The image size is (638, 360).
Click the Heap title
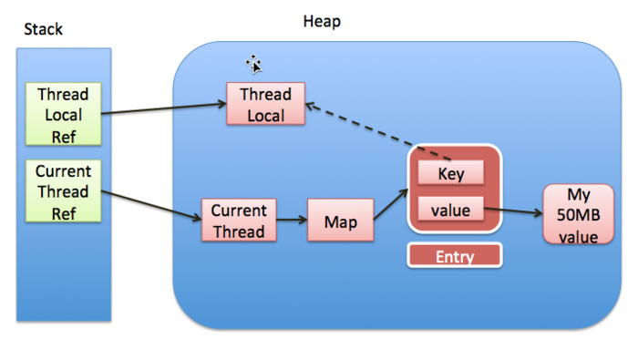(322, 21)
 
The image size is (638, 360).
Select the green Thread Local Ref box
(62, 115)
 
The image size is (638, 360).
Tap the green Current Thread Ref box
(62, 191)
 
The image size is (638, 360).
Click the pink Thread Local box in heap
(265, 105)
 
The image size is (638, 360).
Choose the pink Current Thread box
(238, 221)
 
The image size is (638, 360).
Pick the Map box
(340, 221)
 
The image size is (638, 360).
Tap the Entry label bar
(454, 256)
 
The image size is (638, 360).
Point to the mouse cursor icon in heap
(254, 64)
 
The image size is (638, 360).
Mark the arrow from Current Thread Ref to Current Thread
(150, 205)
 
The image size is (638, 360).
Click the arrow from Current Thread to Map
(292, 221)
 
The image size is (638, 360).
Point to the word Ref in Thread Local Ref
(62, 135)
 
